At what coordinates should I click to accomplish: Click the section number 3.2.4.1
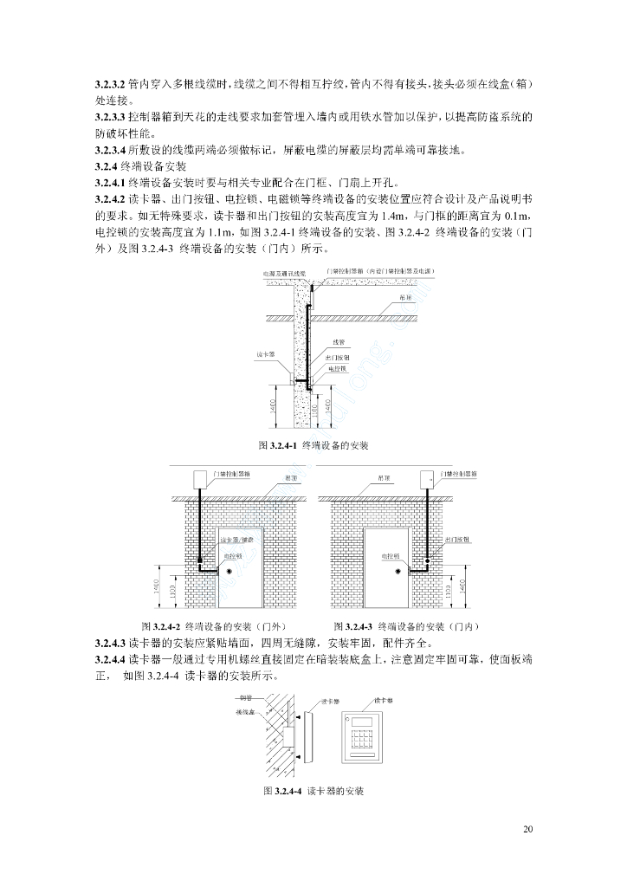point(110,184)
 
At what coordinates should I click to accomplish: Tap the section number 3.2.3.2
point(110,86)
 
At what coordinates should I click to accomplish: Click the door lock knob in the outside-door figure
point(229,572)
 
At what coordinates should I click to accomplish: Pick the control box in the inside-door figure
point(427,479)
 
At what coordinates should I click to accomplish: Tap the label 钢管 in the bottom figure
point(243,699)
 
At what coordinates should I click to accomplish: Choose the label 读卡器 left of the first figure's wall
point(266,355)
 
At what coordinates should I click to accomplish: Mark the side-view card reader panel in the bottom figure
point(306,735)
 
